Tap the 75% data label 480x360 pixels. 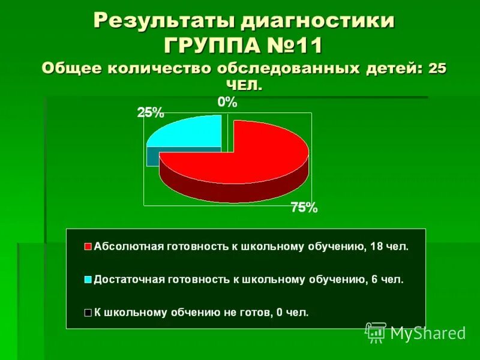click(304, 208)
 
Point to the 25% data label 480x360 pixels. click(151, 112)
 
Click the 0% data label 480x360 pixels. click(227, 103)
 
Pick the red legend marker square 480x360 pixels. click(88, 247)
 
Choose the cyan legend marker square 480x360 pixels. click(88, 279)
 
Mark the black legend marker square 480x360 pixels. click(88, 312)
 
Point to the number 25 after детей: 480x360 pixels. click(437, 68)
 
